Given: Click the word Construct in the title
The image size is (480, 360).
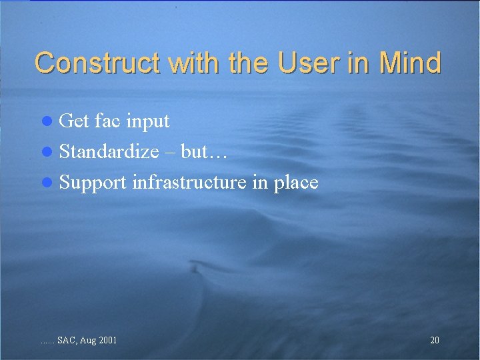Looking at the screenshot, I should [x=99, y=63].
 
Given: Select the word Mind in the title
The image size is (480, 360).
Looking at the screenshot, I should [x=410, y=63].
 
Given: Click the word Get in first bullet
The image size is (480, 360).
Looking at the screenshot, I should [x=73, y=121].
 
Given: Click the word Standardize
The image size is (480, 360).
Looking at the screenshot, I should [x=109, y=152].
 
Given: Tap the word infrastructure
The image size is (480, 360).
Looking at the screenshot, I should [x=190, y=182].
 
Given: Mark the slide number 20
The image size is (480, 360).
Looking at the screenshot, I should [x=435, y=341].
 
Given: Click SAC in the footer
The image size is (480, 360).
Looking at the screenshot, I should [x=66, y=341].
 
